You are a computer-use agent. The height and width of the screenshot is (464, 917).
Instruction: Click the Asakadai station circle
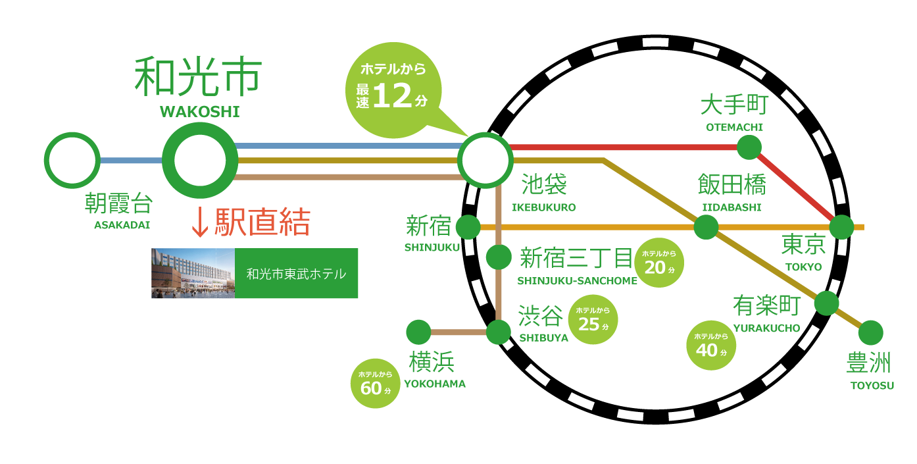click(72, 160)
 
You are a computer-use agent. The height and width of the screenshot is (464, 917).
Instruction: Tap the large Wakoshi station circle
click(200, 160)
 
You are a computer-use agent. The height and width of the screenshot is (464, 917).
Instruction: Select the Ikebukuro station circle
click(486, 160)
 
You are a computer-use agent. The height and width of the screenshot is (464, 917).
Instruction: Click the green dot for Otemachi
click(749, 147)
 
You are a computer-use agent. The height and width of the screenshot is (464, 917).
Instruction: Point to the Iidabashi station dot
click(706, 227)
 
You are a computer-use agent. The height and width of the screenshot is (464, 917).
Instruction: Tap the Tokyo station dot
click(841, 227)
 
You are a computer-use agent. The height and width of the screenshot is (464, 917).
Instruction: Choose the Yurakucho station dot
click(826, 303)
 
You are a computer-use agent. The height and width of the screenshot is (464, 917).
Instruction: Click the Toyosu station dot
click(870, 332)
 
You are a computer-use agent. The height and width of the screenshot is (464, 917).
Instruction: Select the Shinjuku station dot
click(468, 227)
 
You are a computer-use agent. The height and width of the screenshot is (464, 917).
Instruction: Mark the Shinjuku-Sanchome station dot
click(499, 257)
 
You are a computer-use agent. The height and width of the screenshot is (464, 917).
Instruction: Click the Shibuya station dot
click(499, 332)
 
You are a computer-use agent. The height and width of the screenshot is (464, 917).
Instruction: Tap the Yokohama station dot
click(418, 332)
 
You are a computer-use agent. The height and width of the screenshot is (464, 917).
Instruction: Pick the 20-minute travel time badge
click(659, 263)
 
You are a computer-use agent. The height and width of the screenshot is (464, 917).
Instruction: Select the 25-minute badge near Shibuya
click(593, 320)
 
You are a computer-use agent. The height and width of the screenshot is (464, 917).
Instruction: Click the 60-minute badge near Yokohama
click(376, 384)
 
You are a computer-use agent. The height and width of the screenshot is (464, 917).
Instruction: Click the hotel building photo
click(193, 273)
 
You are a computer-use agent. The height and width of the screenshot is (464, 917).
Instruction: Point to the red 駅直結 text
click(250, 222)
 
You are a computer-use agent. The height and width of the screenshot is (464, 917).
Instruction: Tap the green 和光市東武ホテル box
click(296, 273)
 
